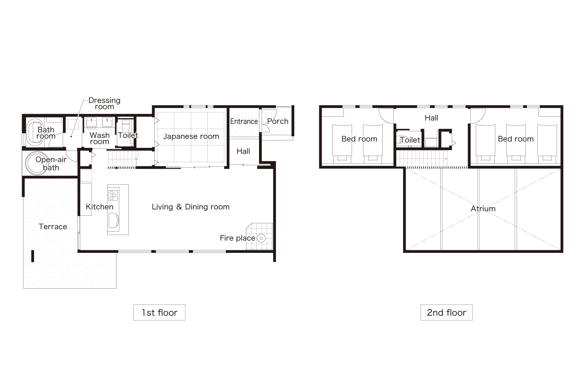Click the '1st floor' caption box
tap(159, 312)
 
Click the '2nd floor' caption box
tap(447, 312)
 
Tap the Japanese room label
tap(191, 136)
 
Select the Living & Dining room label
tap(191, 207)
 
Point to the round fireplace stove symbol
tap(261, 238)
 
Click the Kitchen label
tap(99, 207)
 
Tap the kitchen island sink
tap(113, 220)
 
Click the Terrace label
tap(53, 227)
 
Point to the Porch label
tap(278, 121)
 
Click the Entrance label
tap(244, 121)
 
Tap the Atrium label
tap(483, 209)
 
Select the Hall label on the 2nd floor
tap(431, 118)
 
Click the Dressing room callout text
tap(104, 103)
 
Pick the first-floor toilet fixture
tap(126, 126)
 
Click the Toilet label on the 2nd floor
tap(410, 140)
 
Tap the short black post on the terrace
tap(32, 256)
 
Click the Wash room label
tap(99, 138)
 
